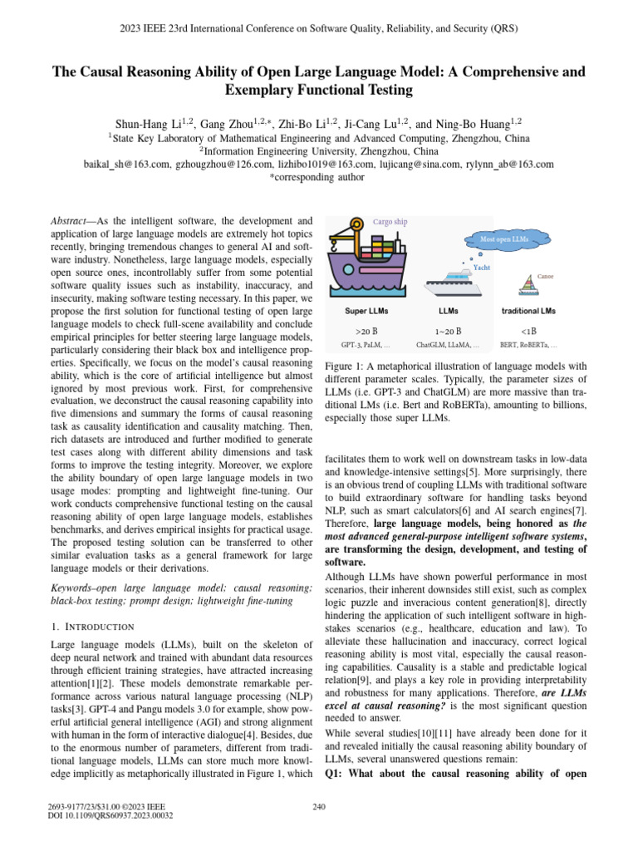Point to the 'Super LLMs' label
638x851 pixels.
pyautogui.click(x=366, y=311)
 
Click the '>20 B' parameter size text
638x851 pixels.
pyautogui.click(x=366, y=330)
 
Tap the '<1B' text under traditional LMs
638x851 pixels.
pyautogui.click(x=528, y=330)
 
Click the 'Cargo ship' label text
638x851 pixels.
pyautogui.click(x=390, y=222)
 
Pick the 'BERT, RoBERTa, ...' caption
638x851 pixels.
pyautogui.click(x=528, y=344)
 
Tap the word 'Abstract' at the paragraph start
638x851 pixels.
pyautogui.click(x=71, y=222)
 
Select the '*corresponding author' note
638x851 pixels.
pyautogui.click(x=319, y=178)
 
